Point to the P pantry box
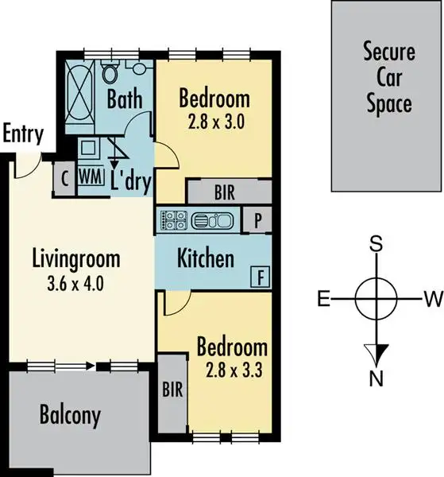click(x=257, y=220)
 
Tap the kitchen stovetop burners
click(x=173, y=219)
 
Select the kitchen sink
click(x=211, y=219)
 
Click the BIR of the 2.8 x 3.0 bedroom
click(x=224, y=192)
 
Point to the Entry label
click(x=23, y=134)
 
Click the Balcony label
click(x=70, y=415)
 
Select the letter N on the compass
click(x=376, y=376)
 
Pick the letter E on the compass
click(x=323, y=299)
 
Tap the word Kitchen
click(x=205, y=258)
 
